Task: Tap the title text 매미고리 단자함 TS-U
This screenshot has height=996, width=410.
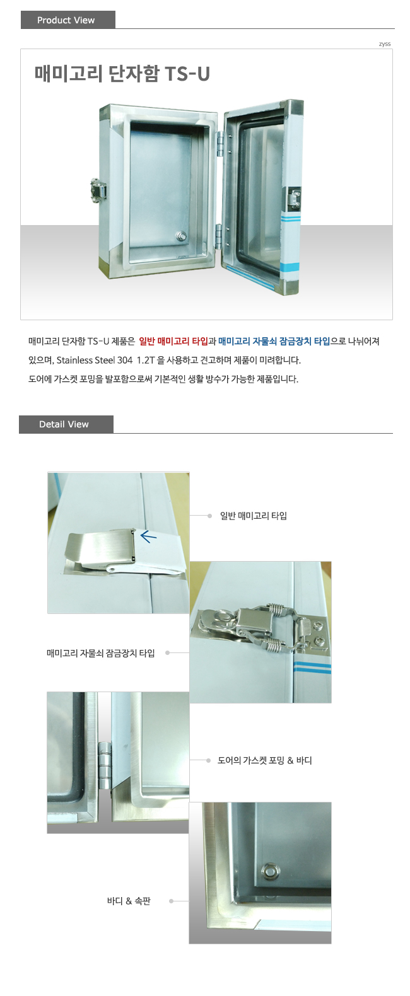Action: coord(122,74)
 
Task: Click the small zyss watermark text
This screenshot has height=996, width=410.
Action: coord(385,43)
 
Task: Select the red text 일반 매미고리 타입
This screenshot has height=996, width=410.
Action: coord(173,341)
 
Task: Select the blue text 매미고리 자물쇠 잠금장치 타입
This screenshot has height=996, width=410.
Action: coord(274,341)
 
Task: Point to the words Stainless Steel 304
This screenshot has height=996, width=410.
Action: coord(94,360)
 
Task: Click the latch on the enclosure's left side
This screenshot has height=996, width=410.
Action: coord(98,190)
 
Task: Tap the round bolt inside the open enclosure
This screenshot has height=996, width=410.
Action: coord(180,236)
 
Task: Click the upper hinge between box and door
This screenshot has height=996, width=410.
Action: coord(219,143)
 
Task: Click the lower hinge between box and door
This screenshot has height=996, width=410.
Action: coord(219,236)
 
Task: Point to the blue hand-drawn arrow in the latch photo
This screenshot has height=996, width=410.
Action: coord(148,536)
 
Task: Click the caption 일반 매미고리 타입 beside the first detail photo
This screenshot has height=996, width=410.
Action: coord(254,516)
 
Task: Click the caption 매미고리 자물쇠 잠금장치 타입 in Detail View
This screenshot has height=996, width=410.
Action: coord(100,653)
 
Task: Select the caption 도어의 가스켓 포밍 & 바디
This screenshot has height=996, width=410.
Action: coord(264,760)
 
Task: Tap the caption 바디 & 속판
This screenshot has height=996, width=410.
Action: coord(129,901)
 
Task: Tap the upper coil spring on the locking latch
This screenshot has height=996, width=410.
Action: coord(276,609)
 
